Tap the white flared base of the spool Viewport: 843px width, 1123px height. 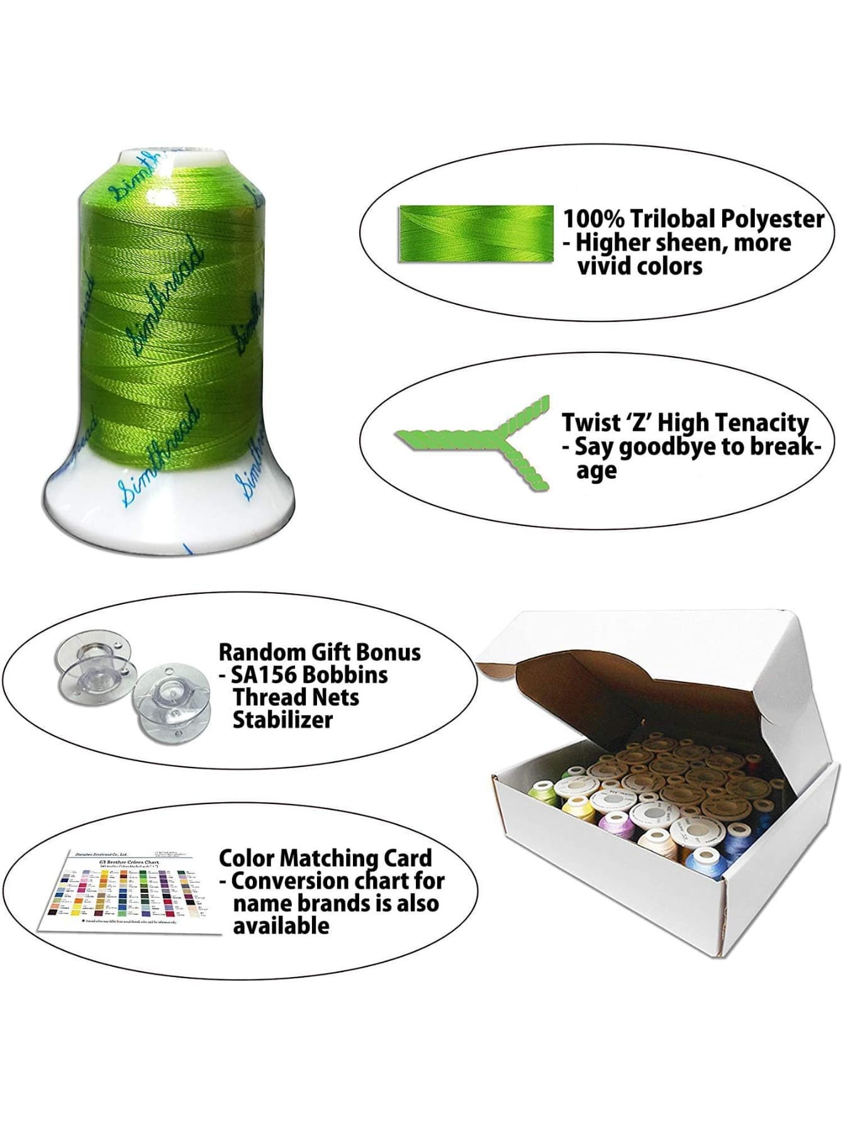(170, 510)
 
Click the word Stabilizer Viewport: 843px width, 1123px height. (282, 720)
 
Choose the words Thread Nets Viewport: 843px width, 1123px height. (296, 697)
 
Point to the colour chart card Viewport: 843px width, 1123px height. (129, 891)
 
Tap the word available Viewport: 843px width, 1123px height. (281, 925)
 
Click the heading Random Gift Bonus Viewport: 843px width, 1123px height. (320, 652)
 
